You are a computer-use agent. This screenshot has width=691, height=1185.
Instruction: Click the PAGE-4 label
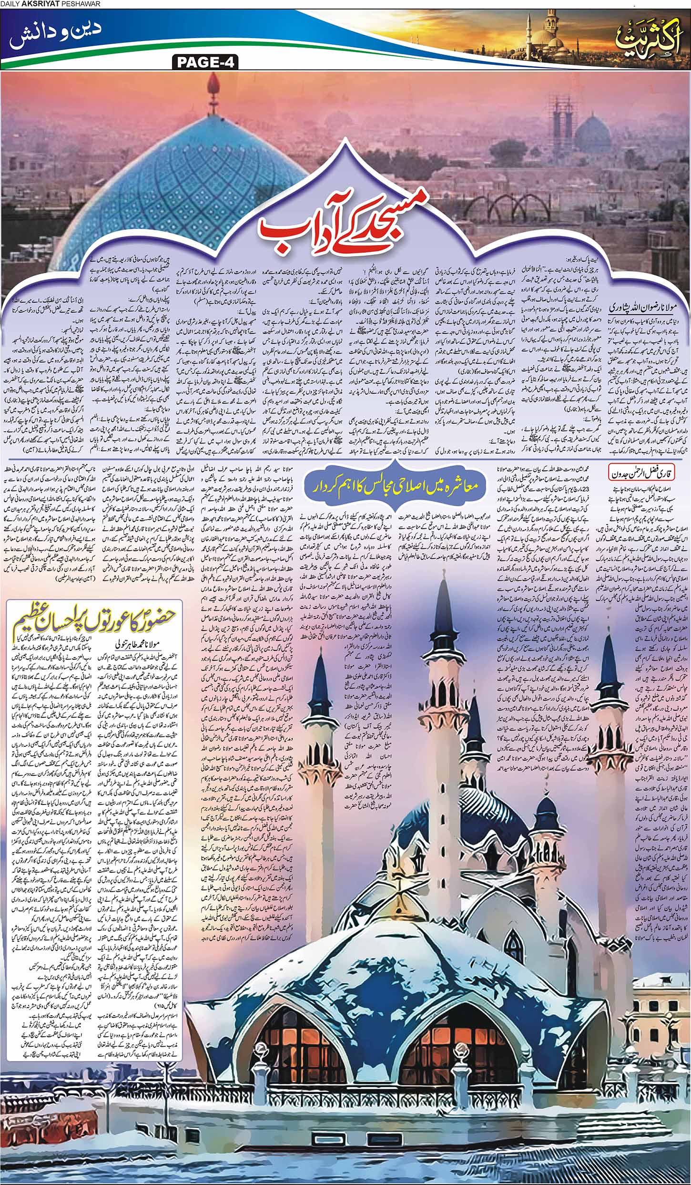pos(203,63)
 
